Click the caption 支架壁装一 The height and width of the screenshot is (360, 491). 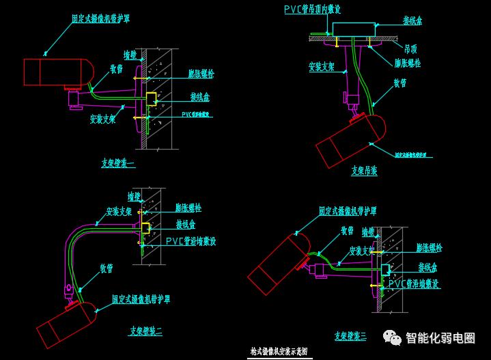pos(118,163)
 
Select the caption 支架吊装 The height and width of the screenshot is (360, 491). pos(364,171)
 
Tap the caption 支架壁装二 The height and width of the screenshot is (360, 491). pos(145,332)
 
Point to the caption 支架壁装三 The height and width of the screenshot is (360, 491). pos(350,336)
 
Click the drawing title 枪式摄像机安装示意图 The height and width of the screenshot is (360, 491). pos(278,352)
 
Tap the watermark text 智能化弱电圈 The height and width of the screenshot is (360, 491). pos(440,337)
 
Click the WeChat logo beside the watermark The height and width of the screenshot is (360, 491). pos(392,337)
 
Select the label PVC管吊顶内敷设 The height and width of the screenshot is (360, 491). pos(312,9)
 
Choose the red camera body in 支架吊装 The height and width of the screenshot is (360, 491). pos(348,140)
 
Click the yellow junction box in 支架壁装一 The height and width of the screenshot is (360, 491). pos(151,100)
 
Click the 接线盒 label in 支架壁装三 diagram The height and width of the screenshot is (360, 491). pos(428,267)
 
